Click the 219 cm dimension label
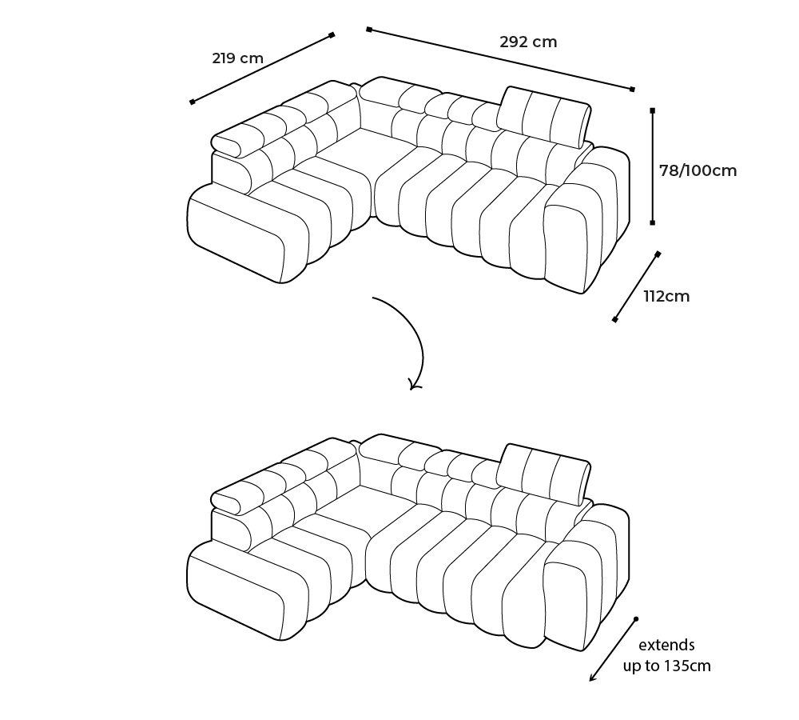pyautogui.click(x=237, y=58)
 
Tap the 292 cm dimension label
pyautogui.click(x=528, y=42)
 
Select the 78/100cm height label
pyautogui.click(x=698, y=170)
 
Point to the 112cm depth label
pyautogui.click(x=666, y=297)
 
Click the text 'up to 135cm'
pyautogui.click(x=666, y=666)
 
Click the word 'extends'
pyautogui.click(x=666, y=645)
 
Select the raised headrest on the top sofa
pyautogui.click(x=543, y=117)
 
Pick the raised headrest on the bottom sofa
pyautogui.click(x=543, y=474)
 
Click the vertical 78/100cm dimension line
pyautogui.click(x=652, y=166)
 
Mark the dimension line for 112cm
pyautogui.click(x=636, y=286)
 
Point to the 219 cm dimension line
pyautogui.click(x=262, y=68)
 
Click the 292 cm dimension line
pyautogui.click(x=500, y=59)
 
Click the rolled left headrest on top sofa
pyautogui.click(x=227, y=145)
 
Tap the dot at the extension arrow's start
pyautogui.click(x=636, y=619)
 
